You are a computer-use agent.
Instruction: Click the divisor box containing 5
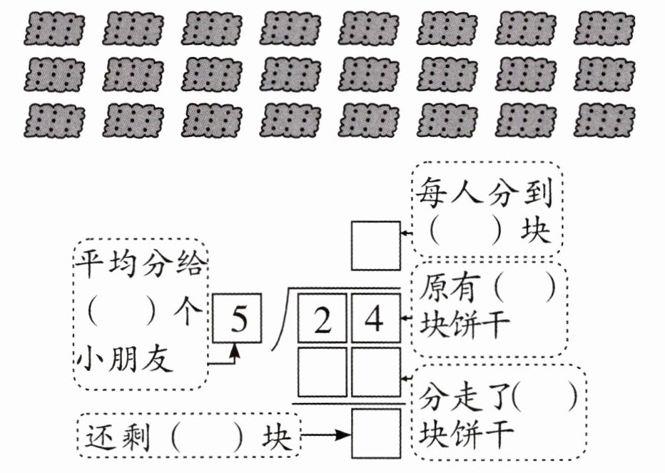coord(237,317)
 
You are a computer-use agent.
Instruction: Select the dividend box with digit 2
coord(323,317)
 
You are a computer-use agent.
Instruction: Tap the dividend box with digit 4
coord(376,317)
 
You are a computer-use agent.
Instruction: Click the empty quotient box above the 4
coord(376,245)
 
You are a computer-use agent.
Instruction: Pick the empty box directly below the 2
coord(323,372)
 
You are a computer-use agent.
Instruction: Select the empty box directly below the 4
coord(376,372)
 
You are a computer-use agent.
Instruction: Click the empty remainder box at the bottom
coord(376,434)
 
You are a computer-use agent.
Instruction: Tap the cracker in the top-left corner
coord(54,29)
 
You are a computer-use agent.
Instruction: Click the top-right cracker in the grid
coord(604,29)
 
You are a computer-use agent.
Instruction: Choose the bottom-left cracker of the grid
coord(54,121)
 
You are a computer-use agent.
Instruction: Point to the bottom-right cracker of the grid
coord(604,121)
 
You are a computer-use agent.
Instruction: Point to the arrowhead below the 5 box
coord(235,350)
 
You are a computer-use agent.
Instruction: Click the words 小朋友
coord(125,358)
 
